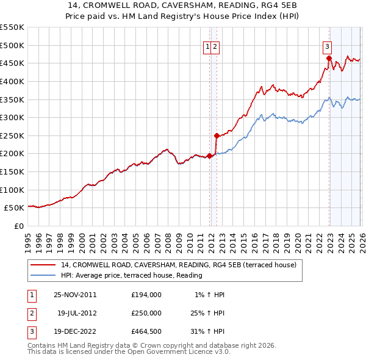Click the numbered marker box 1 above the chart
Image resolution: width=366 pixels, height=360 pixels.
click(207, 46)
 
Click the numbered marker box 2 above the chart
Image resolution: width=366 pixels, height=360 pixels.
click(215, 46)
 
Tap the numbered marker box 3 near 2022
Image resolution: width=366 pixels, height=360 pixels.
click(328, 46)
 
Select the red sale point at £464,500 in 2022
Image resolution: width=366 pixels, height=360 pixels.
click(329, 59)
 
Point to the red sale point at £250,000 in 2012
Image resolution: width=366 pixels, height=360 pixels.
click(217, 135)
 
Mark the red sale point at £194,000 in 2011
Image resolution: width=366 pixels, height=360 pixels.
click(210, 156)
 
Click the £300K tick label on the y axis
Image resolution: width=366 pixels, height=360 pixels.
click(12, 117)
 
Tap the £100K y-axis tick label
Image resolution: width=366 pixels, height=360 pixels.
click(12, 190)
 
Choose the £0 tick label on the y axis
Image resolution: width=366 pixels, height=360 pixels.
click(18, 226)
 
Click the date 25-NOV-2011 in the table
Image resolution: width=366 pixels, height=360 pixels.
click(74, 294)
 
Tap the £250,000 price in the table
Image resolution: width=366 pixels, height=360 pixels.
click(146, 313)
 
